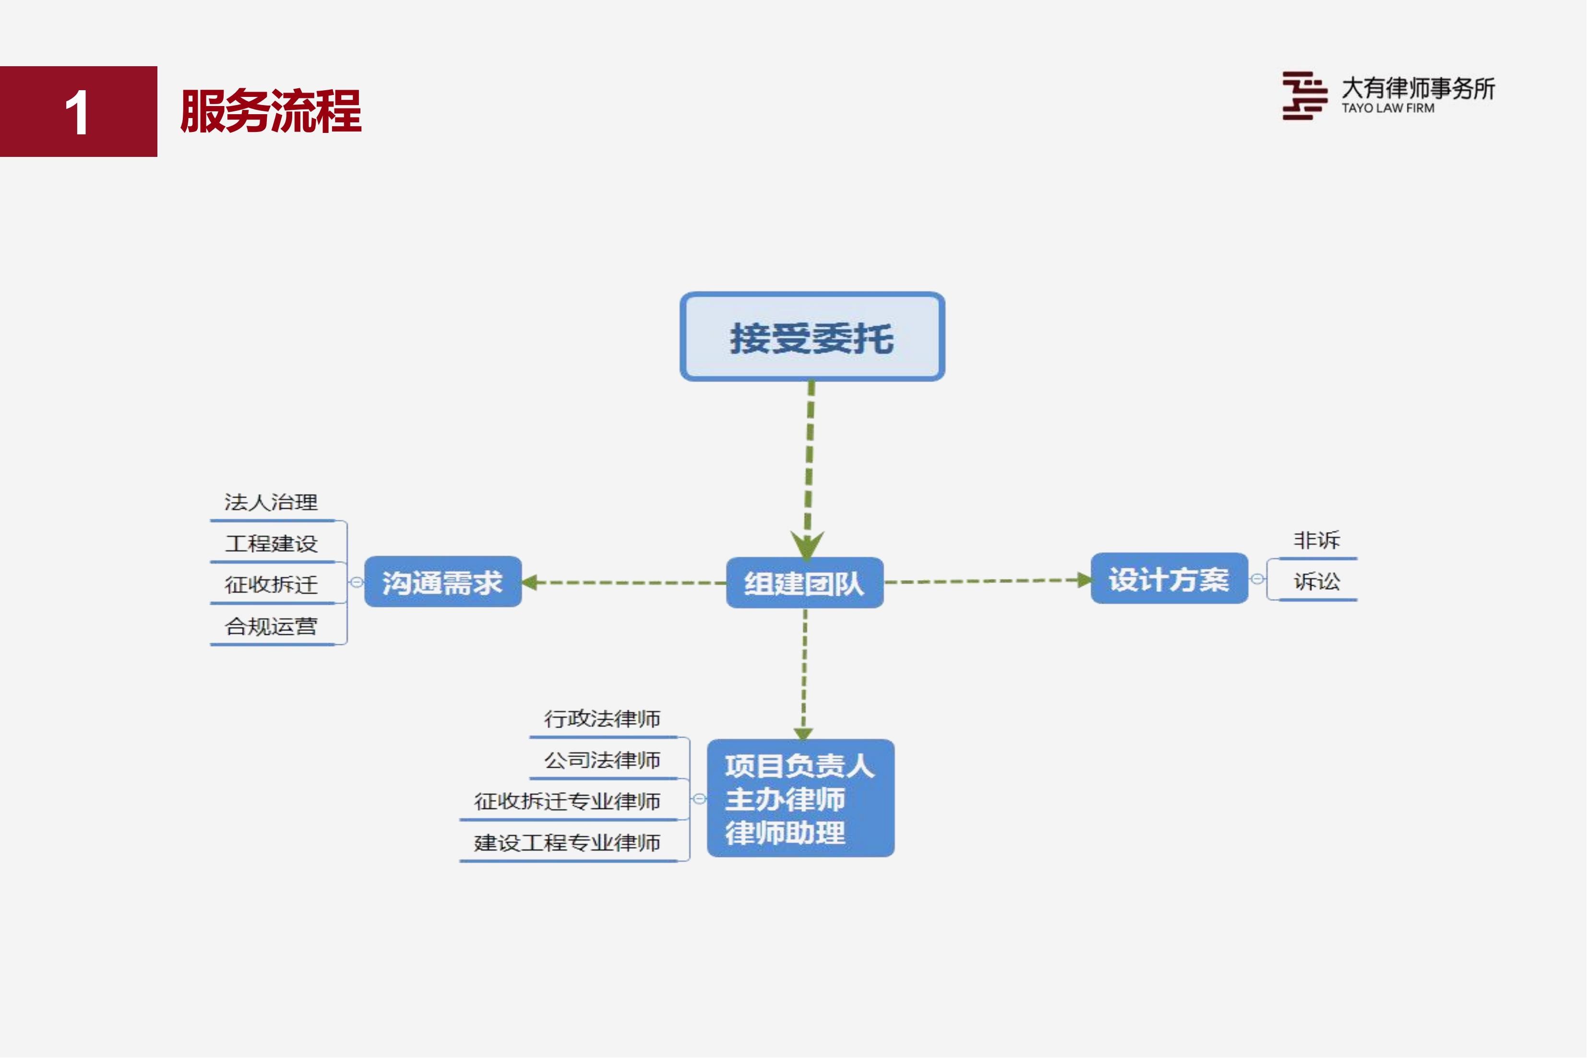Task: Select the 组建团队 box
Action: click(804, 582)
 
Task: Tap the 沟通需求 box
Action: click(442, 582)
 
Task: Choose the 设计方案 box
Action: click(1169, 578)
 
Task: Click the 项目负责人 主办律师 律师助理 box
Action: click(800, 798)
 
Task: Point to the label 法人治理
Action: click(271, 502)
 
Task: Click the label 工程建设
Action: click(271, 544)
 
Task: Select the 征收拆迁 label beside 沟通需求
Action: click(271, 584)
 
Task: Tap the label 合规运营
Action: click(271, 626)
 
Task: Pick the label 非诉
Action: click(1316, 540)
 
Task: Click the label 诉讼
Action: click(1316, 581)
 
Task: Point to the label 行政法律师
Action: click(602, 719)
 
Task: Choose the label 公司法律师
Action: click(602, 760)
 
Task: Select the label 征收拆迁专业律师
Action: click(567, 801)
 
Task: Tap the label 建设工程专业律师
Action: click(567, 843)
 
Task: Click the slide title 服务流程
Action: click(271, 111)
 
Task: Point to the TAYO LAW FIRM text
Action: click(1388, 108)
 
